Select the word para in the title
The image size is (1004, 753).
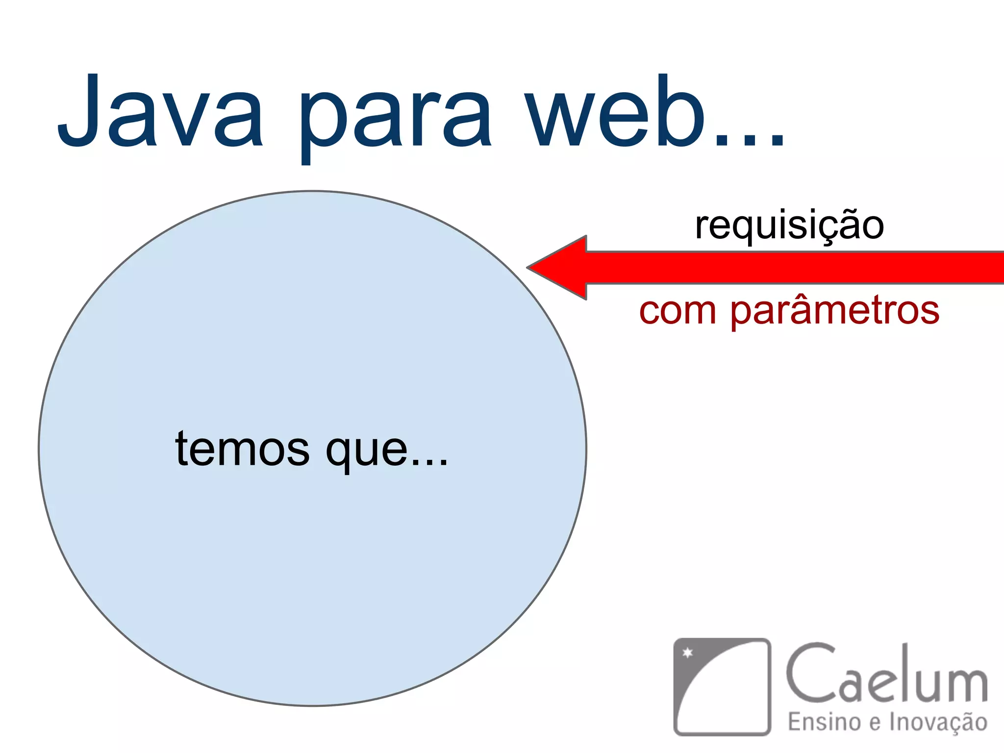click(x=395, y=118)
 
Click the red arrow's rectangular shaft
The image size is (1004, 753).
click(x=794, y=268)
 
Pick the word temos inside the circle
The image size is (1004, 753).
click(x=243, y=449)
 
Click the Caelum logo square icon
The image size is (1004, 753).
click(x=722, y=686)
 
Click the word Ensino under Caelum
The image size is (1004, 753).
click(x=824, y=722)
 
